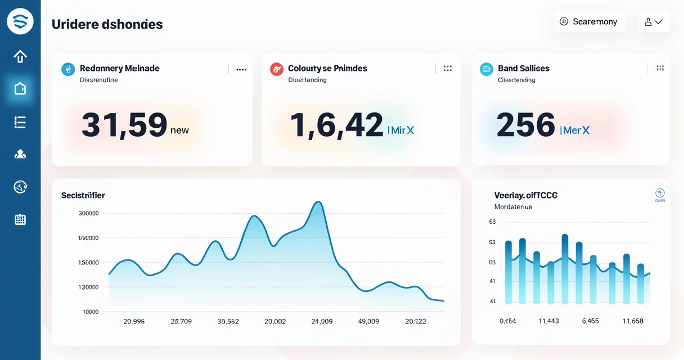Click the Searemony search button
[x=589, y=22]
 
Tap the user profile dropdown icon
[x=654, y=22]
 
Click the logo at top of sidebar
[x=20, y=22]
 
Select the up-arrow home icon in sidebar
[x=20, y=56]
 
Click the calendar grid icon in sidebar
[x=20, y=220]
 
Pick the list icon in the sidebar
[x=20, y=122]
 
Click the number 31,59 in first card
[x=124, y=125]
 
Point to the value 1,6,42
[x=336, y=125]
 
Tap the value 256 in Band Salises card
[x=525, y=125]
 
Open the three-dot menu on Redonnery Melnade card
[x=241, y=70]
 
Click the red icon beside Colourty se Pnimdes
[x=276, y=69]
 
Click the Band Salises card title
[x=523, y=69]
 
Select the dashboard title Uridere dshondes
[x=107, y=25]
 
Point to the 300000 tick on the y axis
[x=88, y=214]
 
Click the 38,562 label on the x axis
[x=228, y=322]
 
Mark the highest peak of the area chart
[x=318, y=202]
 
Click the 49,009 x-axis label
[x=368, y=322]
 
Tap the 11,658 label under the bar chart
[x=632, y=321]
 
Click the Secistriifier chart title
[x=83, y=196]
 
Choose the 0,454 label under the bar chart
[x=508, y=321]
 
